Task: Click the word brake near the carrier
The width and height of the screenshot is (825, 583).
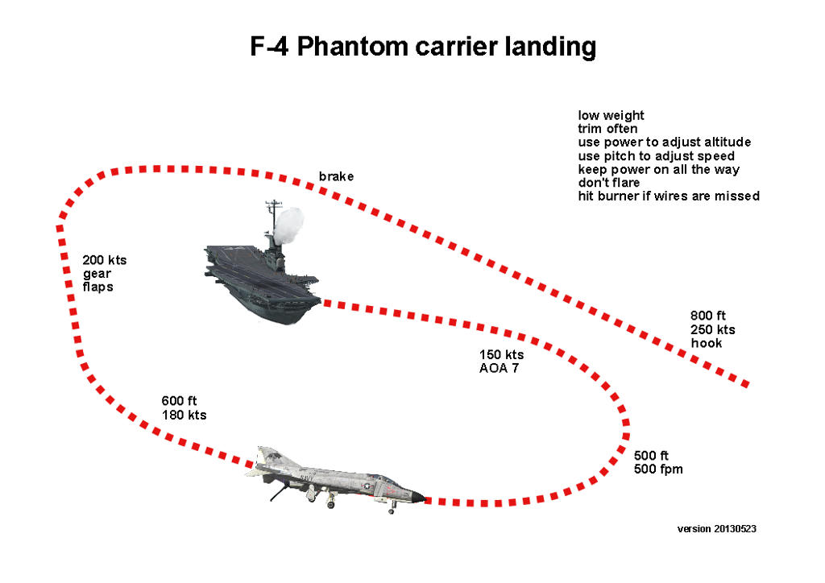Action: click(336, 176)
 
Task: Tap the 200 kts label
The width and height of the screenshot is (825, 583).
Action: click(105, 260)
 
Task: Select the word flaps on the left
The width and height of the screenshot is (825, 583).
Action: click(98, 287)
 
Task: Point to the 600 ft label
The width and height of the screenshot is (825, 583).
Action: click(179, 401)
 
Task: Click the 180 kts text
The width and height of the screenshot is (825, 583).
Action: click(184, 415)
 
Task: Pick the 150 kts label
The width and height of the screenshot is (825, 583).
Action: click(501, 355)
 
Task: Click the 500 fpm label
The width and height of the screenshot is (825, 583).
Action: click(658, 469)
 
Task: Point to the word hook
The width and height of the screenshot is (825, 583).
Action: click(706, 343)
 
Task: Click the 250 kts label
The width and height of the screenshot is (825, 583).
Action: click(712, 329)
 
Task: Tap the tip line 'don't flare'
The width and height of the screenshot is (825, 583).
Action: click(609, 183)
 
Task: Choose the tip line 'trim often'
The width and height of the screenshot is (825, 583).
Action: click(607, 129)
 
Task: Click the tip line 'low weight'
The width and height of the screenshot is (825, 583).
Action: click(611, 115)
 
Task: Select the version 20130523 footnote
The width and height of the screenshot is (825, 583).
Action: click(716, 529)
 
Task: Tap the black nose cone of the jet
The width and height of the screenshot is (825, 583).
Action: click(417, 498)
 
